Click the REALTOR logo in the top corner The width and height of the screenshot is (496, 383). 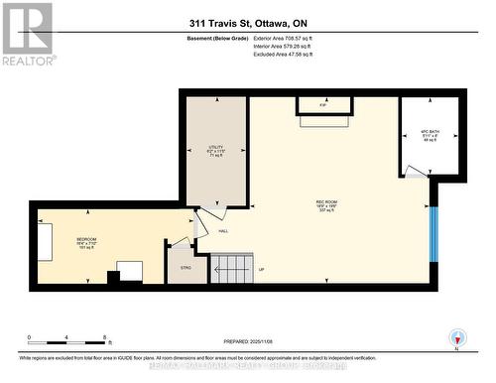pyautogui.click(x=27, y=34)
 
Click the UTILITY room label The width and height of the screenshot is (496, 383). pyautogui.click(x=216, y=145)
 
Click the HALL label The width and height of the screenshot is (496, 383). pyautogui.click(x=210, y=230)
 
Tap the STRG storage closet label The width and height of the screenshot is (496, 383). pyautogui.click(x=185, y=266)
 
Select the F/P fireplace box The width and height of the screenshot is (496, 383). pyautogui.click(x=323, y=104)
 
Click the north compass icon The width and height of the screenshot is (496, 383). pyautogui.click(x=455, y=336)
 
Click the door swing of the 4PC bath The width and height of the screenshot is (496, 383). pyautogui.click(x=417, y=173)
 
